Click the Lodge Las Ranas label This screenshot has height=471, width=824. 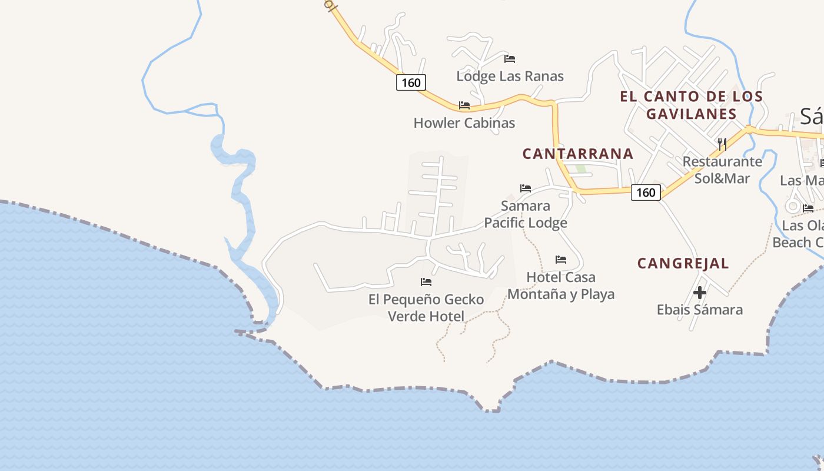510,76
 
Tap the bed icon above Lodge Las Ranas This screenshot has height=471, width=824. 510,58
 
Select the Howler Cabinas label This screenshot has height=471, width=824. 464,123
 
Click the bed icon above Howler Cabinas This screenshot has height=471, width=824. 464,105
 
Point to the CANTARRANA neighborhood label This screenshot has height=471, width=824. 578,154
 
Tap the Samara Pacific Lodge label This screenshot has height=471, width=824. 526,214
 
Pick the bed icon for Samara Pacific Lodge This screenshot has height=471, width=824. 526,188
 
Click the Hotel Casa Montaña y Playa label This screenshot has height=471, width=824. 561,286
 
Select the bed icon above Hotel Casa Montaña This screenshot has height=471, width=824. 561,259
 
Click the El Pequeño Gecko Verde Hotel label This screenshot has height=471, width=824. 426,308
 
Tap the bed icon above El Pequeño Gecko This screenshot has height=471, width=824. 426,282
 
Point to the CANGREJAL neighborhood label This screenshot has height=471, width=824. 683,263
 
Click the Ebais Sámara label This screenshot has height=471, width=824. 699,310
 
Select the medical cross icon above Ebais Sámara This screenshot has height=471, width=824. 699,292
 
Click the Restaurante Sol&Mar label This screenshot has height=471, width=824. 722,170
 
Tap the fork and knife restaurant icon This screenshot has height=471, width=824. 722,144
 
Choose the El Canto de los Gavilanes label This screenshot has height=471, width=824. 691,105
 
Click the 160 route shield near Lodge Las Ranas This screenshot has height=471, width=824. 411,82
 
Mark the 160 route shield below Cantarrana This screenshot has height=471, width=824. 646,192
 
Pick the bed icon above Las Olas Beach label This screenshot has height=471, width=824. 808,208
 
